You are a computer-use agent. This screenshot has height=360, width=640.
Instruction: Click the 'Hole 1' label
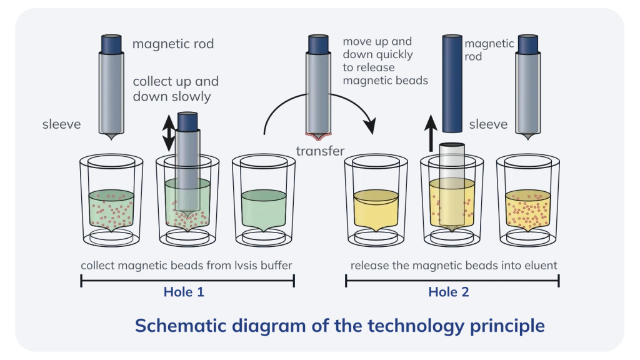[184, 292]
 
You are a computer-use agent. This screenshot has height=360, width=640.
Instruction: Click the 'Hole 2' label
[449, 292]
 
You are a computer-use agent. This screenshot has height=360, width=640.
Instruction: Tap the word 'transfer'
[320, 151]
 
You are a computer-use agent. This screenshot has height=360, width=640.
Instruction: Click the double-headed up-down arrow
[169, 133]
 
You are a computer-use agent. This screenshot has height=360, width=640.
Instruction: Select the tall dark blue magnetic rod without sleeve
[452, 84]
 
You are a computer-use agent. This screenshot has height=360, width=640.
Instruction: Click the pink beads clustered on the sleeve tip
[318, 136]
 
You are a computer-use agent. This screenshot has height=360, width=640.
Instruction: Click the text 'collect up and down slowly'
[176, 89]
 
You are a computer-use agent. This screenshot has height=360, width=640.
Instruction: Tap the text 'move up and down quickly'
[377, 47]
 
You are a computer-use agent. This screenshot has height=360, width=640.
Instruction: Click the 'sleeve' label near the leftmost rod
[62, 124]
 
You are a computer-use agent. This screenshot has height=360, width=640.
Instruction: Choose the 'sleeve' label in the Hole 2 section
[488, 124]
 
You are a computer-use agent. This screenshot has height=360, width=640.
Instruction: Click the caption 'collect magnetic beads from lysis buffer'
[186, 266]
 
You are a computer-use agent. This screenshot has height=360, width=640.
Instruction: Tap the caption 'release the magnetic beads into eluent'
[454, 266]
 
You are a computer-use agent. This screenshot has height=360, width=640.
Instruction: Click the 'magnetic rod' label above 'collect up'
[173, 44]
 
